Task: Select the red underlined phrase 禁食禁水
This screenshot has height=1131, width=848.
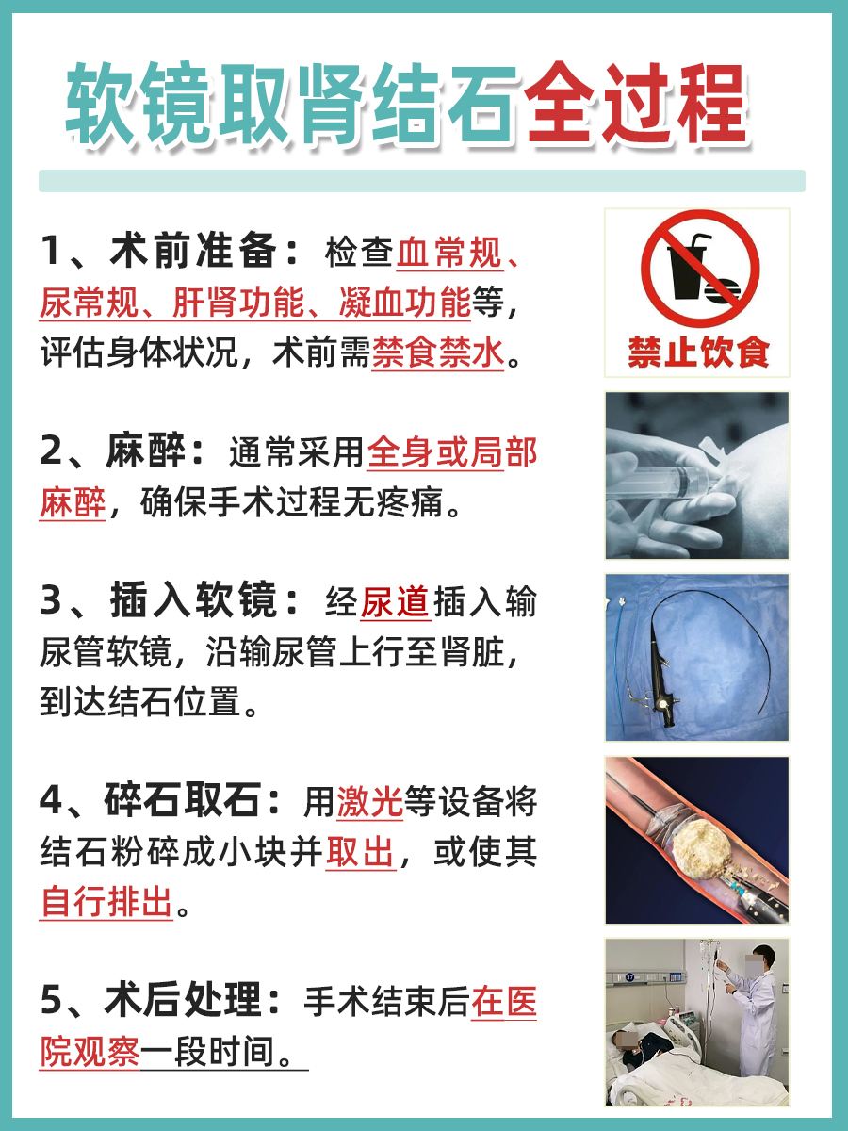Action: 438,354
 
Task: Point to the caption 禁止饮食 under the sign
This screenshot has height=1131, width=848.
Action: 698,352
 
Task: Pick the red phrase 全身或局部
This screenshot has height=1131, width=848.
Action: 451,453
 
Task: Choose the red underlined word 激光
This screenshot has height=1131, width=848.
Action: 369,802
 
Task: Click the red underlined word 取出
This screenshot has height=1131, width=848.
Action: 360,853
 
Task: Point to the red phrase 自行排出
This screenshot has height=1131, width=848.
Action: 106,903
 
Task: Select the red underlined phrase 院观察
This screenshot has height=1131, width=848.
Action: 90,1052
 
